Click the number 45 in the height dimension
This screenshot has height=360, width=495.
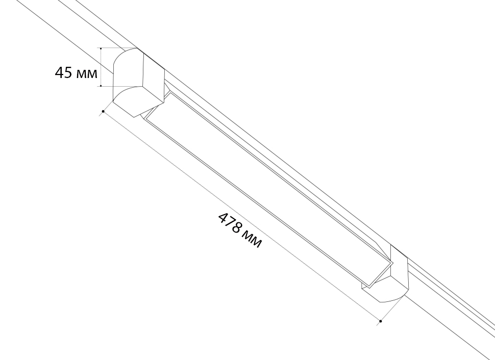(x=64, y=72)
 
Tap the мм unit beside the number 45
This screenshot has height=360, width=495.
(x=87, y=74)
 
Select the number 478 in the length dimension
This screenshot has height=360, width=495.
(x=231, y=223)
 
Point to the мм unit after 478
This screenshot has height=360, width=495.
(x=252, y=239)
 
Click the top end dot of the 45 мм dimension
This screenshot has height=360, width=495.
(x=101, y=48)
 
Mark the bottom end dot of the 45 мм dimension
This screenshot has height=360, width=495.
(x=101, y=86)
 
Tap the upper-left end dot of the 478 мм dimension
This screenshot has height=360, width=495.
(x=103, y=111)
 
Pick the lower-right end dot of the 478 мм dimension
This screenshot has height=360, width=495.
(x=381, y=321)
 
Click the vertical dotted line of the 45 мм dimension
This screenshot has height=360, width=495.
(x=101, y=67)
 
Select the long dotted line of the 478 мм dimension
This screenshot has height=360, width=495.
(x=242, y=216)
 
